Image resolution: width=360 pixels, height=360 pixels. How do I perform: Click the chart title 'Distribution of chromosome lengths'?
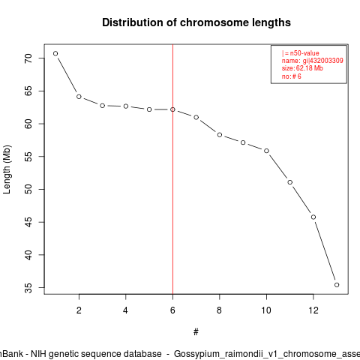196,22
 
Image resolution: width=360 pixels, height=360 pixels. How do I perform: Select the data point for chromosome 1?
55,53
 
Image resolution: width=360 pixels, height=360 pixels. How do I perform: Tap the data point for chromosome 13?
337,285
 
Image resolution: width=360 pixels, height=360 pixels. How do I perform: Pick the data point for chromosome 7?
196,117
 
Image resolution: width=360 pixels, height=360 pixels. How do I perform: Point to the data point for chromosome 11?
290,182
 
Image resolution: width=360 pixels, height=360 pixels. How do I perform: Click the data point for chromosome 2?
79,97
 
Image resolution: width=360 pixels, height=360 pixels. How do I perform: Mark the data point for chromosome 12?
313,217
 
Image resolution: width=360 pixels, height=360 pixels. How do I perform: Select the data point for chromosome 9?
243,142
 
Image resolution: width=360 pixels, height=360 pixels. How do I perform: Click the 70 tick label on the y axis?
28,58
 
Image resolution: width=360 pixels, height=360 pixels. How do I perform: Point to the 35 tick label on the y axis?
28,288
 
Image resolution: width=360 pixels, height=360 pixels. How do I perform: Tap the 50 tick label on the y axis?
28,189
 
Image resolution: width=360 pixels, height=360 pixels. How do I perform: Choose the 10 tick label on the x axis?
266,310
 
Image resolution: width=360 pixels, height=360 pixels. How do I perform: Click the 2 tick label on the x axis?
79,310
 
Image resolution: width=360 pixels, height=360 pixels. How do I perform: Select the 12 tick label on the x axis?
313,310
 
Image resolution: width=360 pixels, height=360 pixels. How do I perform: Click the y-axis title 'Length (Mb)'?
7,169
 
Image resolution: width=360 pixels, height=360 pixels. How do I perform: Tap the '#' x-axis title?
196,332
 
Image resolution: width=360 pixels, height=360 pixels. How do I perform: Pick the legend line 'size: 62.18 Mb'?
302,68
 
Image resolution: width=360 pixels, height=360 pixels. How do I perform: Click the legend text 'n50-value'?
304,53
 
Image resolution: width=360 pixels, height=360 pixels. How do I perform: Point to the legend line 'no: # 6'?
292,76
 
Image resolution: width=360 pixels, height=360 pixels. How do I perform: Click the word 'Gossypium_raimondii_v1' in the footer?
227,354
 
